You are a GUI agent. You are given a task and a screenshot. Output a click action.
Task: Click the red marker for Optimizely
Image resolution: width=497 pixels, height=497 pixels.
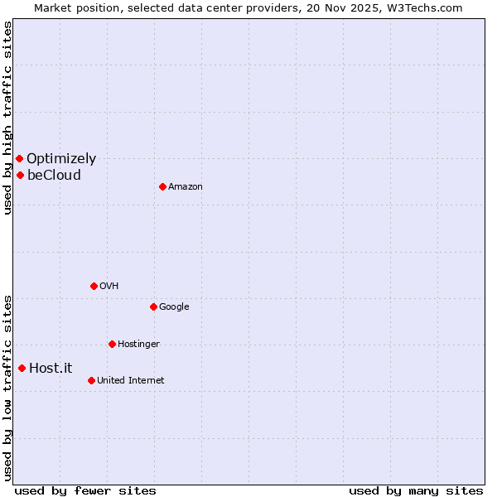pos(19,158)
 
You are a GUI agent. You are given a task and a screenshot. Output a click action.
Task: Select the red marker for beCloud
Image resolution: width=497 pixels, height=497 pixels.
pos(20,175)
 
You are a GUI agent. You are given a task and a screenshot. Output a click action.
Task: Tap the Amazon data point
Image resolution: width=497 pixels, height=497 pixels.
pos(162,186)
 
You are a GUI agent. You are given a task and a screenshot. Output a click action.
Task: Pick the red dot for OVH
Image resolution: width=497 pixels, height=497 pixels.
pos(94,286)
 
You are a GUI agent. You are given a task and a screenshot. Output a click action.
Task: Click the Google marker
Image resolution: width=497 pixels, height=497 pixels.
pos(153,306)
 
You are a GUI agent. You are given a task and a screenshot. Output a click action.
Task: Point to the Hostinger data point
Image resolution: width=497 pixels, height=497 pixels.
pos(112,344)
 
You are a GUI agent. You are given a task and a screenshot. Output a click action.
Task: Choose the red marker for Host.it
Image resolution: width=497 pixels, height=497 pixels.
pos(22,368)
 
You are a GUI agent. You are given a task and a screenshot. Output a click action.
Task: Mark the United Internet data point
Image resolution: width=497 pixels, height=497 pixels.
pos(91,380)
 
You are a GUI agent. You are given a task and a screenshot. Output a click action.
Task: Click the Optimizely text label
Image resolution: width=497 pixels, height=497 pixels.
pos(61,159)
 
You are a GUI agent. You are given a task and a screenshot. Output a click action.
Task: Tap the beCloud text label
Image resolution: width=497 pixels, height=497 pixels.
pos(54,176)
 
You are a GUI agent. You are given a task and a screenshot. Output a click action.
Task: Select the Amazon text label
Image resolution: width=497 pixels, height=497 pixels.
pos(186,187)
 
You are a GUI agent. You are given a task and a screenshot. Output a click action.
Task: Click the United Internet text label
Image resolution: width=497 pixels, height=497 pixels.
pos(131,381)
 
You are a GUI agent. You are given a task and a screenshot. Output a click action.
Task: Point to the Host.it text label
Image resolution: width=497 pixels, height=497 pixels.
pos(51,369)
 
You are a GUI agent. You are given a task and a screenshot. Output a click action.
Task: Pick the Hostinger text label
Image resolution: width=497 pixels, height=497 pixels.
pos(138,345)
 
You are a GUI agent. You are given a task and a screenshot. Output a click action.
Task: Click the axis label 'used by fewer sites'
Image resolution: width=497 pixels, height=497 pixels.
pos(85,490)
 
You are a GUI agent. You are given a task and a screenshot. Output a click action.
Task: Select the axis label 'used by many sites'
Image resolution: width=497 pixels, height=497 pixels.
pos(416,490)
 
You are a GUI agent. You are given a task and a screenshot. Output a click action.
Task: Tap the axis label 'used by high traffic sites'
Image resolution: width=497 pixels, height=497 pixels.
pos(7,118)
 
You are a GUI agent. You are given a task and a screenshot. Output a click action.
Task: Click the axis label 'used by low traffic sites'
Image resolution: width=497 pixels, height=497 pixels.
pos(7,387)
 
